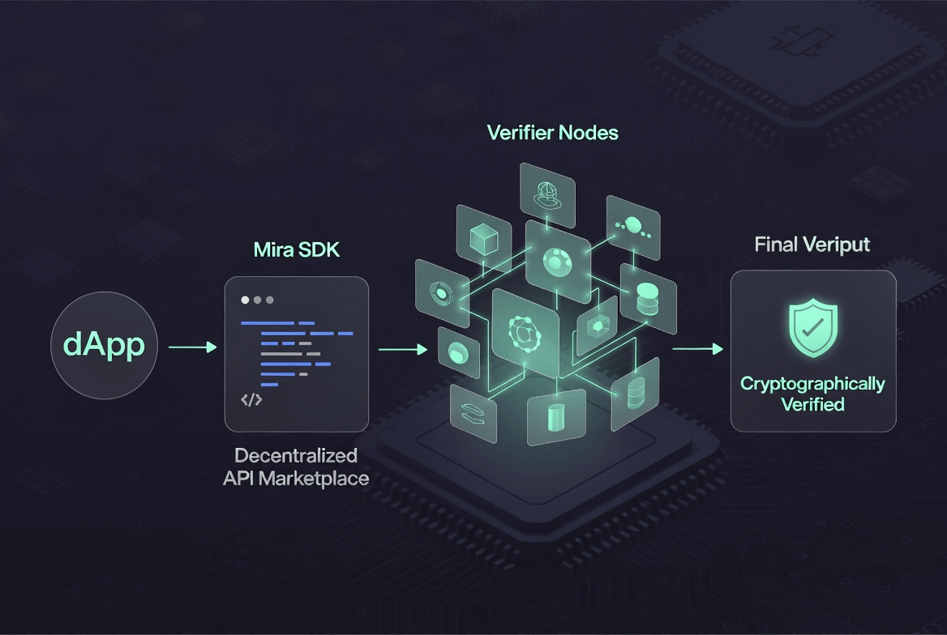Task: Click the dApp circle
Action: [104, 346]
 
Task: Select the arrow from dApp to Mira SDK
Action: [192, 347]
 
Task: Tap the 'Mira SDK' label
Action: [297, 249]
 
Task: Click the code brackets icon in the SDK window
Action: [251, 398]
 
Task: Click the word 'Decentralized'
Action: [296, 455]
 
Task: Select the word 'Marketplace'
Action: [319, 479]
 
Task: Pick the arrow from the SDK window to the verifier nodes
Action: [402, 349]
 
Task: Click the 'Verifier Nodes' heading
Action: [552, 132]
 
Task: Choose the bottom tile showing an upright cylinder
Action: [556, 416]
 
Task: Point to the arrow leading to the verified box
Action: [697, 348]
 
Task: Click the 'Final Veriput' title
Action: [812, 245]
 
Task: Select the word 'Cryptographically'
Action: [812, 383]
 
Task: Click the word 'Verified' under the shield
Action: [812, 404]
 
